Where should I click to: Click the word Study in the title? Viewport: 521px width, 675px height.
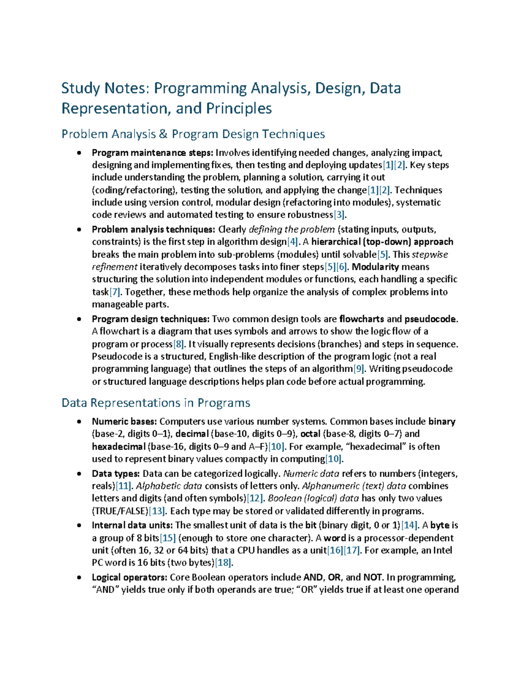click(81, 88)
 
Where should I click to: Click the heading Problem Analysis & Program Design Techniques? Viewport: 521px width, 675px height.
click(193, 134)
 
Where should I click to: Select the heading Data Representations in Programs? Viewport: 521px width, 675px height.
click(156, 403)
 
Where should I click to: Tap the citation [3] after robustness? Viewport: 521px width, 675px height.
click(339, 215)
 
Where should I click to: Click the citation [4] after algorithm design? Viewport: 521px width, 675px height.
click(293, 242)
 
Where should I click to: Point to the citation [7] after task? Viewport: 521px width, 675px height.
click(115, 292)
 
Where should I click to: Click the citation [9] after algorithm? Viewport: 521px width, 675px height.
click(359, 369)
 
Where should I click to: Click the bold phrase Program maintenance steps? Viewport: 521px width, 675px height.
click(152, 153)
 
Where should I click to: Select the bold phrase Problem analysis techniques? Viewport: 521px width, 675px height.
click(153, 229)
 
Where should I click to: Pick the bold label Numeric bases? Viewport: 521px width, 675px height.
click(124, 422)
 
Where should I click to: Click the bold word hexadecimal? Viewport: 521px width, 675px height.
click(119, 447)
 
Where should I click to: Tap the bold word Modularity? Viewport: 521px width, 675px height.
click(375, 267)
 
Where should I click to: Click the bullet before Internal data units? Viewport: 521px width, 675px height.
click(79, 525)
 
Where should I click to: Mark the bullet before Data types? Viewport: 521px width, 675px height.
click(79, 474)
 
